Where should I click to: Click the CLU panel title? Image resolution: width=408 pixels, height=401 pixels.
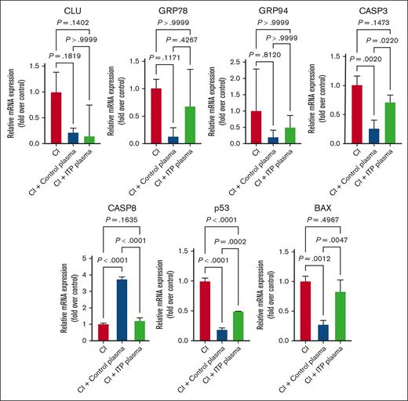(x=54, y=11)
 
